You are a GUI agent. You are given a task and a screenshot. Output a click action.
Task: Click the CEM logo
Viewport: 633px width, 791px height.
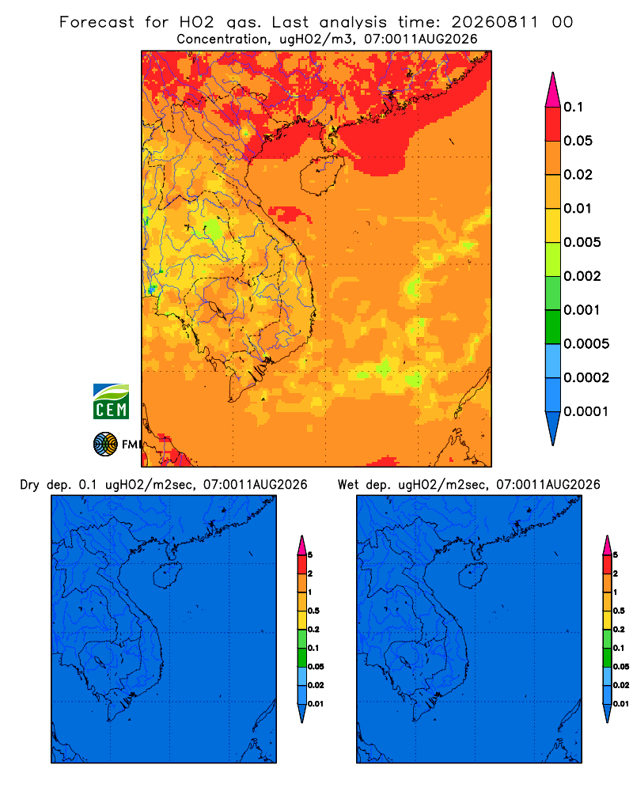(111, 401)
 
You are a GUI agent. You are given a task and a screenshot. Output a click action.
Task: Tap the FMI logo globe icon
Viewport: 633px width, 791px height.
(105, 444)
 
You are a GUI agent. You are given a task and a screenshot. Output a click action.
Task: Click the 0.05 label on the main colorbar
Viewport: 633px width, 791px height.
(578, 141)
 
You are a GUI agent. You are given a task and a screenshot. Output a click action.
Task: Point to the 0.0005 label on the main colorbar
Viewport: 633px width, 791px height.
(586, 343)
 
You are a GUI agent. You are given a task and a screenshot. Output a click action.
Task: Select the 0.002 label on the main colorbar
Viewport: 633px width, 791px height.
(582, 276)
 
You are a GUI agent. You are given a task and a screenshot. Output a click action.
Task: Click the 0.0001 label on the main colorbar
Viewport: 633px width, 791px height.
(586, 411)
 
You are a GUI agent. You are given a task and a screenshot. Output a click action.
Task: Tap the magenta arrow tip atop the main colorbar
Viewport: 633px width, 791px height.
(553, 89)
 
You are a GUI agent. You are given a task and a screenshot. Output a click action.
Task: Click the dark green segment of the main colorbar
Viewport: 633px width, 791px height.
(553, 327)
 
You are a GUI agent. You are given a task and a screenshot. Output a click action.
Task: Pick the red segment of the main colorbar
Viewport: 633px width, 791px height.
(553, 123)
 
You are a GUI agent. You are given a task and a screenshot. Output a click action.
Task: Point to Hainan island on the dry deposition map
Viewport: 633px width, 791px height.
(167, 576)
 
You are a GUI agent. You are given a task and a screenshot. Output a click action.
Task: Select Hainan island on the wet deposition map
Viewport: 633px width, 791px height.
(473, 575)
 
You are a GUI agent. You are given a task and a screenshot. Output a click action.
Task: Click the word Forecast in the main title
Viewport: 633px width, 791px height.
(97, 22)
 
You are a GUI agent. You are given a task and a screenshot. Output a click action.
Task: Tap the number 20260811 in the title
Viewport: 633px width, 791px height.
(495, 22)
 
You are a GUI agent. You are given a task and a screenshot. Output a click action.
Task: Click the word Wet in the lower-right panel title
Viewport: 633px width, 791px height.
(349, 485)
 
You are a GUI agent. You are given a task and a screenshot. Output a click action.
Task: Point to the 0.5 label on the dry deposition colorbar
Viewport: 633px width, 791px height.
(313, 611)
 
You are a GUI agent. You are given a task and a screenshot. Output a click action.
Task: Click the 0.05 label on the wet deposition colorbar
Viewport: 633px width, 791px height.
(621, 666)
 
